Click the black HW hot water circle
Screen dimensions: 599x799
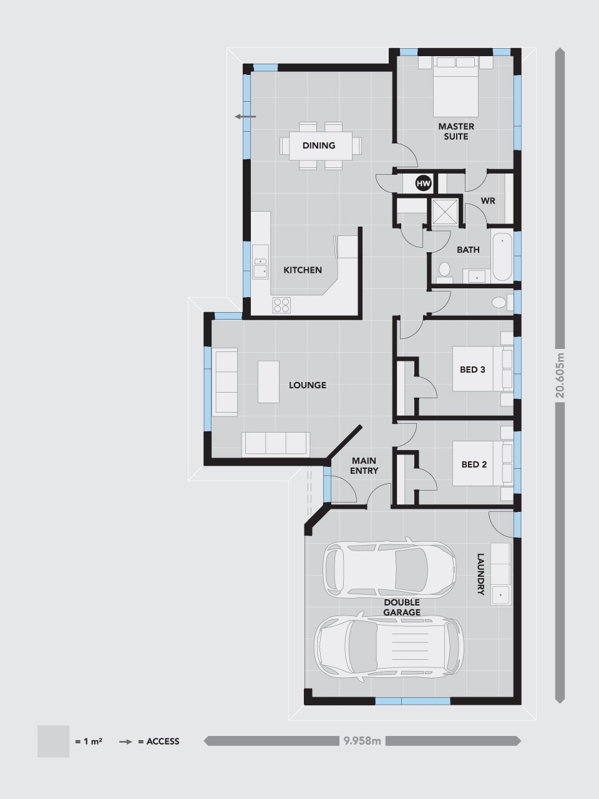[423, 184]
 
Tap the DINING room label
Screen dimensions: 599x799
[319, 145]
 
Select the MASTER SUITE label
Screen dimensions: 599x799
[456, 132]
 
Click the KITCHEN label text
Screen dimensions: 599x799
[303, 270]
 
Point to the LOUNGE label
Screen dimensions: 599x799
[308, 385]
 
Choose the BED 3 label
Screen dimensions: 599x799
[472, 370]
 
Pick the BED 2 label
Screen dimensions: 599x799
[474, 464]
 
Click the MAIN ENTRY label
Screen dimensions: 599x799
[364, 466]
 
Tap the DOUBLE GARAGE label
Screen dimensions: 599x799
[402, 607]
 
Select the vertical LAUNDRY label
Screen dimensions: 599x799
[480, 574]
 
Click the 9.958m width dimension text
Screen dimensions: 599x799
[363, 741]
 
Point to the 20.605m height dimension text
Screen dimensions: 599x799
[560, 375]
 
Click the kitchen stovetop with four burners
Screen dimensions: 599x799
[282, 305]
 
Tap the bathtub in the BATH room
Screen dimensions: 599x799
[502, 257]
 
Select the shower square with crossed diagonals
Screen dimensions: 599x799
[445, 212]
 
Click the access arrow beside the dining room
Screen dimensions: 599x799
[245, 117]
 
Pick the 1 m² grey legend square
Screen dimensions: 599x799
[53, 741]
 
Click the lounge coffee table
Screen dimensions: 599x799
[268, 382]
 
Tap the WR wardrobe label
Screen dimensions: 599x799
[488, 201]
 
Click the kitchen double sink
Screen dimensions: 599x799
[260, 268]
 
